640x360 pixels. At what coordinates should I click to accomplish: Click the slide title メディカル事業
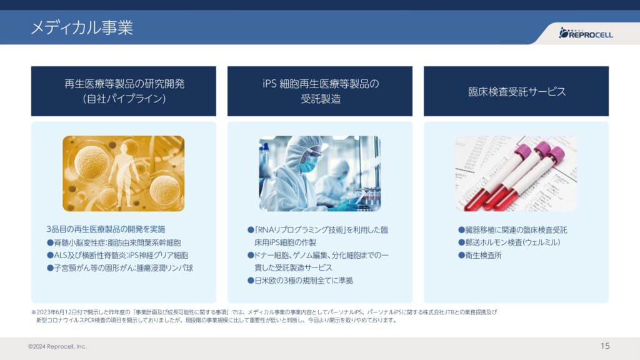pos(82,27)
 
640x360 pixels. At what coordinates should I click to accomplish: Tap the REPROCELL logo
pos(586,33)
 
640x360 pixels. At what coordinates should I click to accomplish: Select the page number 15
pos(605,346)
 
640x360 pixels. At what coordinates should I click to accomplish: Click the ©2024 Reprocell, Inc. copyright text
pos(57,346)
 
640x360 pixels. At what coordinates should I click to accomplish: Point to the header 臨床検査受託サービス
pos(517,91)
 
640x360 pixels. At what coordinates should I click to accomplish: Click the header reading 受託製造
pos(321,99)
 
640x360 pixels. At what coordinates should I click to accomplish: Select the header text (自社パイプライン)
pos(124,99)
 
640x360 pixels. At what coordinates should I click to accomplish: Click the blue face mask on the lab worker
pos(309,164)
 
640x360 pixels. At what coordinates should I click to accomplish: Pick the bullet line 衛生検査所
pos(479,255)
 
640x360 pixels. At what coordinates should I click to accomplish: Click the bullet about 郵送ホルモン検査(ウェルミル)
pos(509,242)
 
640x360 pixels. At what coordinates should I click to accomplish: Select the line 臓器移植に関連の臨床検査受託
pos(512,230)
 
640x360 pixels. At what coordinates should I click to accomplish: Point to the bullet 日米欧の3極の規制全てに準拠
pos(300,281)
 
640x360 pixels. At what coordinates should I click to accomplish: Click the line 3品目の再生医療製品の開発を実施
pos(106,229)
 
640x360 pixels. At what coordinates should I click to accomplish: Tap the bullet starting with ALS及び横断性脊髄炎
pos(117,255)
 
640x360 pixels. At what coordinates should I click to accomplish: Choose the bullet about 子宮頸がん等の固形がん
pos(120,267)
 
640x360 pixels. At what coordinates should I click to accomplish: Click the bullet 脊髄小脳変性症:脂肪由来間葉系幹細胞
pos(114,242)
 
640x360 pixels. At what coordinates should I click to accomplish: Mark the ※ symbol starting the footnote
pos(34,312)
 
